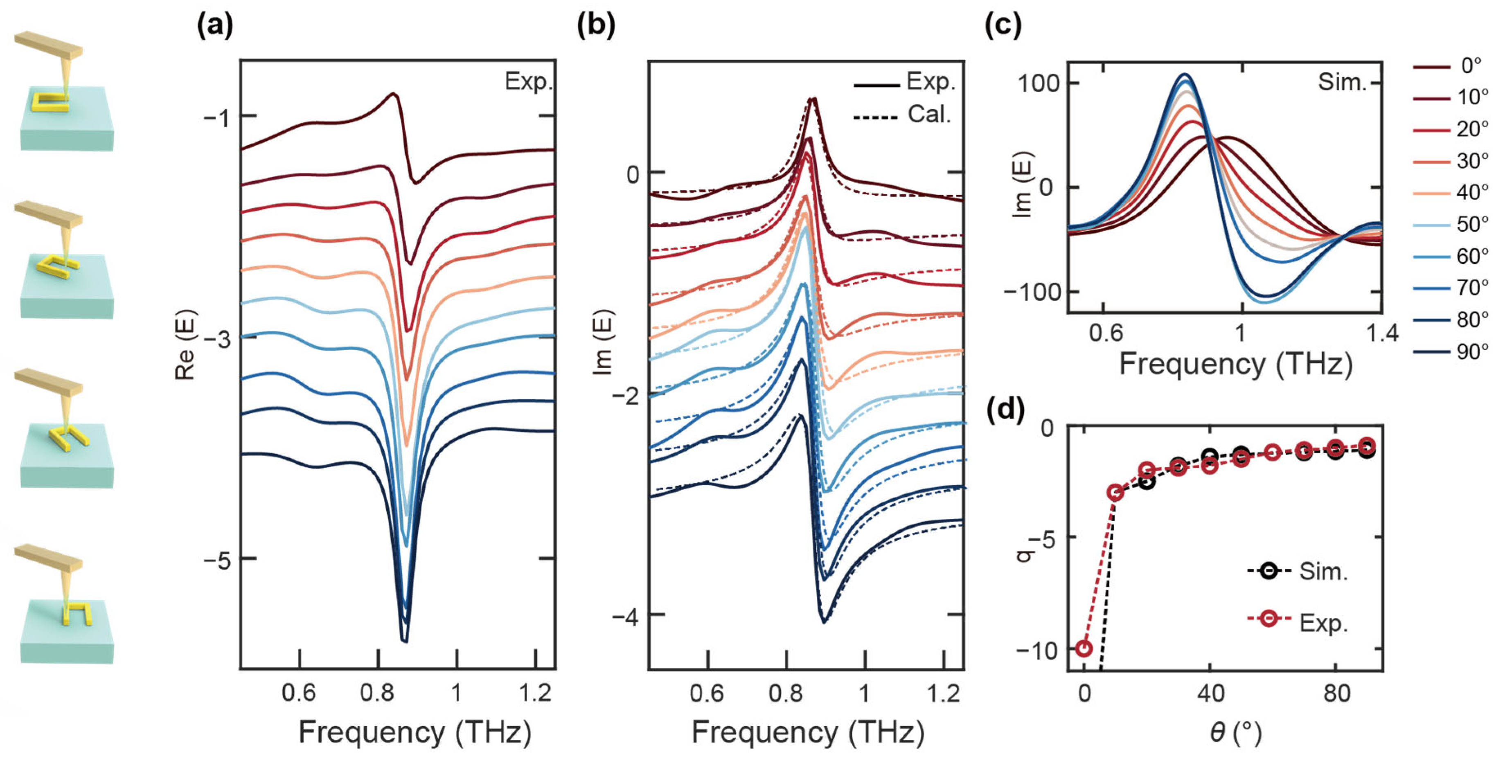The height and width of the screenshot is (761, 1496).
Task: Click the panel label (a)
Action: coord(215,27)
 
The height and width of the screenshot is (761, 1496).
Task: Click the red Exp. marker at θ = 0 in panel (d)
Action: coord(1084,648)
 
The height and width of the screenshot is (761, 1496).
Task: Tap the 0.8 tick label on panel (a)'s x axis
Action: coord(378,693)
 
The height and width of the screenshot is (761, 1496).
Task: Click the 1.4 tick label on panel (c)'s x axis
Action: coord(1382,333)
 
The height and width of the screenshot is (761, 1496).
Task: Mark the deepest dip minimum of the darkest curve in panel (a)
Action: coord(405,641)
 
